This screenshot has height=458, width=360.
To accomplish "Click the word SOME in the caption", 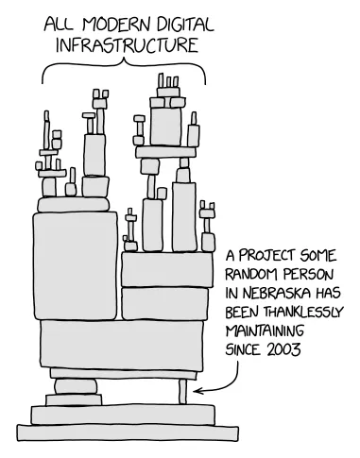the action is [319, 254].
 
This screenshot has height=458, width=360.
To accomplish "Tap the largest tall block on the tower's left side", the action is [77, 265].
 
